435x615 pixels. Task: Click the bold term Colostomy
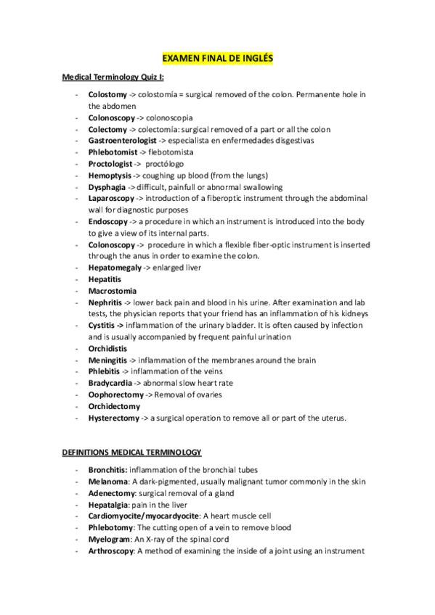[x=107, y=94]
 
